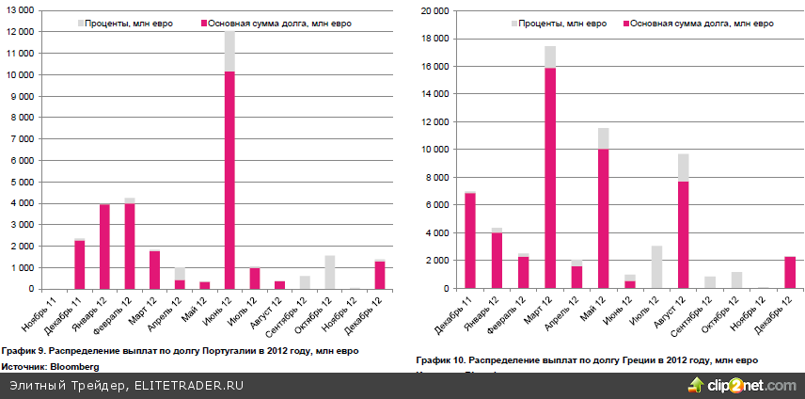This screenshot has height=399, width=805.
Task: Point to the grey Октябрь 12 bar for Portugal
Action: (329, 272)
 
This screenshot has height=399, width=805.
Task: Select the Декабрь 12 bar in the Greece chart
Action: (790, 272)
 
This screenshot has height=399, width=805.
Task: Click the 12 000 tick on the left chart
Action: (21, 31)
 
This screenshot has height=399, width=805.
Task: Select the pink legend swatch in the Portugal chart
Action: (205, 23)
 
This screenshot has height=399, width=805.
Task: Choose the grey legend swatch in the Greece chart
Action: (515, 23)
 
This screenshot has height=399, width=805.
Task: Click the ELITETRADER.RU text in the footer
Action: (189, 386)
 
